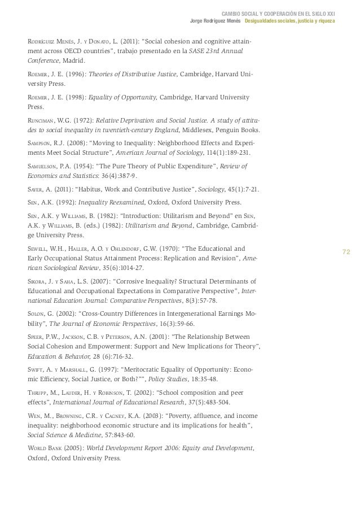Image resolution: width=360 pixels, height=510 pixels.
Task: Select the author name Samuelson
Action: click(43, 166)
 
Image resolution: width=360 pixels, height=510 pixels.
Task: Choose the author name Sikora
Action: click(37, 281)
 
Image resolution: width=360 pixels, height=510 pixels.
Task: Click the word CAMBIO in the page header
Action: click(232, 14)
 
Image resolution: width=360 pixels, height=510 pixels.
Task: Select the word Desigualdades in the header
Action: click(262, 21)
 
